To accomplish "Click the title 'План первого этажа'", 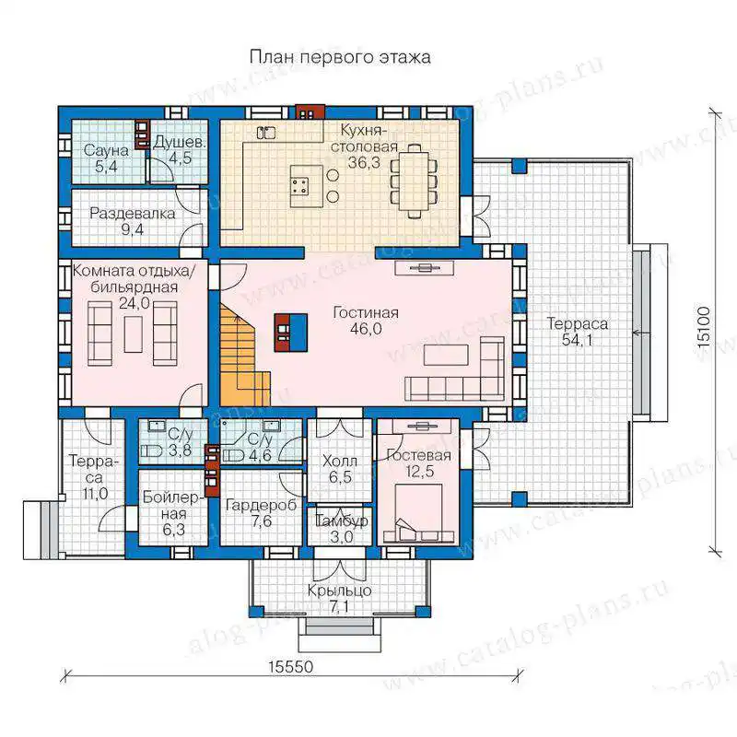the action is (x=339, y=57).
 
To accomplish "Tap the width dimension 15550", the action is (x=291, y=666).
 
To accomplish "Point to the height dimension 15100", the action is (x=703, y=327).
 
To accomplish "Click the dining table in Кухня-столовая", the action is (x=414, y=181).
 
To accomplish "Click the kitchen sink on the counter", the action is (x=266, y=133).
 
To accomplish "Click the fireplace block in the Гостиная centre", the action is (x=291, y=333).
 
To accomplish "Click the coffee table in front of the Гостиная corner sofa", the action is (x=446, y=355).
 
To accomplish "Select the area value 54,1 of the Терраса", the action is (x=578, y=340).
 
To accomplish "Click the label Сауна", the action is (x=106, y=151).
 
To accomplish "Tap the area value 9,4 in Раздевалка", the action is (x=133, y=229).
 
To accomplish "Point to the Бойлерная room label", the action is (x=173, y=505).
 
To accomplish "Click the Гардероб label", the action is (x=262, y=505).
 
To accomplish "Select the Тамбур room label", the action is (x=341, y=521).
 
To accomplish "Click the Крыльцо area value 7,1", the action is (x=339, y=607).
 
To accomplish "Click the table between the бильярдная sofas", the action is (x=133, y=334).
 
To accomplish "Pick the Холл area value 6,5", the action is (x=340, y=477).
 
